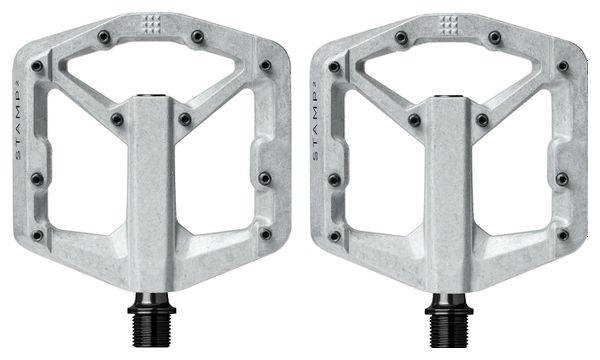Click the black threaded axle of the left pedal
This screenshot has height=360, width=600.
click(152, 321)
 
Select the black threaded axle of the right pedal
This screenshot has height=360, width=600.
click(449, 321)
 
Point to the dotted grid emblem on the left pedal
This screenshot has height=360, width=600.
click(151, 24)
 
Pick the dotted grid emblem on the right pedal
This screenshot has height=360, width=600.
click(448, 25)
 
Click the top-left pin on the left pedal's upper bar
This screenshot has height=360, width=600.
click(104, 37)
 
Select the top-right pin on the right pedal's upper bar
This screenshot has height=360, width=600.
click(495, 37)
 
